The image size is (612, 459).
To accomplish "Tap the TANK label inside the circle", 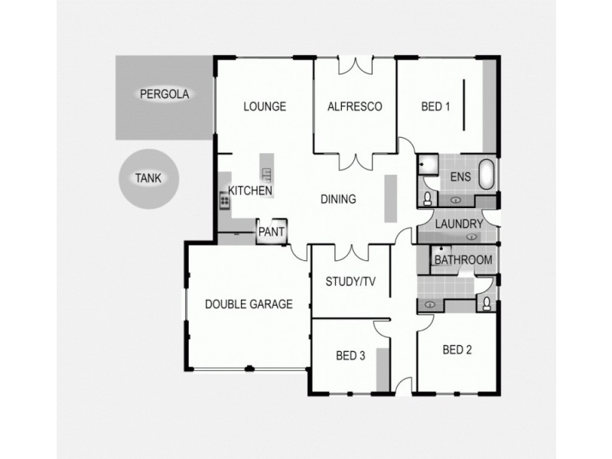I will (x=147, y=178).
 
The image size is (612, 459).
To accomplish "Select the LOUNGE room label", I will (x=264, y=106).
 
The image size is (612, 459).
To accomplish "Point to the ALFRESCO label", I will (x=354, y=106).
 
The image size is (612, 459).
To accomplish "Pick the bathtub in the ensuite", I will (x=487, y=174).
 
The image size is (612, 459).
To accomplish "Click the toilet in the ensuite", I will (x=427, y=199).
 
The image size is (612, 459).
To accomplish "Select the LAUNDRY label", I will (x=458, y=224).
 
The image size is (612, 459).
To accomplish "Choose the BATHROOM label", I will (x=463, y=260).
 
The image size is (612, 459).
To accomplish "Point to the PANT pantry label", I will (x=272, y=230).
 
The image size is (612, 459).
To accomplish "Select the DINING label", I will (x=337, y=200).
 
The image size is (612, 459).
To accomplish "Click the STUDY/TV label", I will (x=350, y=282).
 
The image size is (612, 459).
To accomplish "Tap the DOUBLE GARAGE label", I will (x=249, y=304).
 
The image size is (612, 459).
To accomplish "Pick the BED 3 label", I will (x=350, y=356).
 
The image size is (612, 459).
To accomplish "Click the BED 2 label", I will (x=457, y=350).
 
